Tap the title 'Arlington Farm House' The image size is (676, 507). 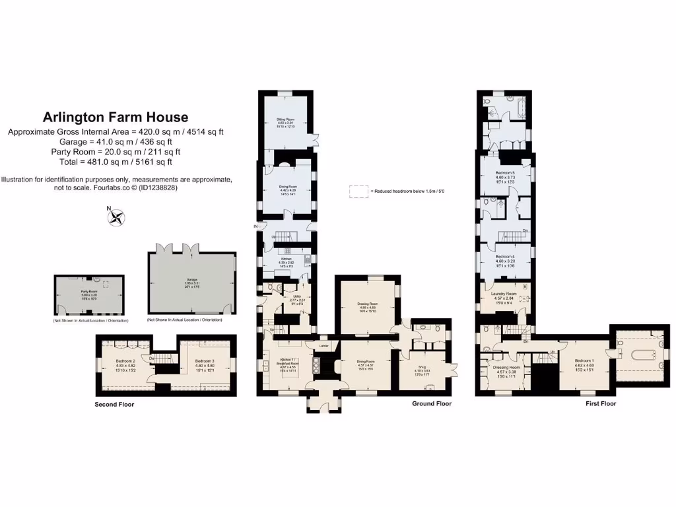point(116,118)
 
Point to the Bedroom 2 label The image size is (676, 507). point(125,361)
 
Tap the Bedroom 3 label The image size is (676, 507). point(205,361)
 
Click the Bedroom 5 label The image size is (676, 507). point(505,173)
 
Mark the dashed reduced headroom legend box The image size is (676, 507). point(358,191)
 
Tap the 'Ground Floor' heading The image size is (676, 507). point(433,403)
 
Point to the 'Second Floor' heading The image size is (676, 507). point(114,404)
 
